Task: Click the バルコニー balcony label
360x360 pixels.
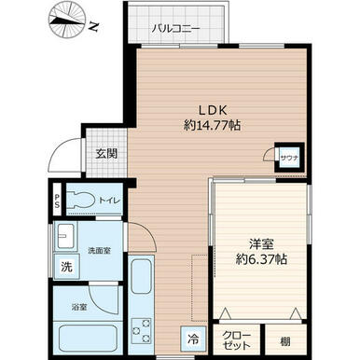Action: point(176,29)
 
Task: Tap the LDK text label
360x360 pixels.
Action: point(214,110)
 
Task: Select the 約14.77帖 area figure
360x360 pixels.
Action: point(213,125)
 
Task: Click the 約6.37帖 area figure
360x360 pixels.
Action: point(261,258)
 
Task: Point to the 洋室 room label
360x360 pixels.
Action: point(261,244)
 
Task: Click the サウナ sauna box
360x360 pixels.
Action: point(289,158)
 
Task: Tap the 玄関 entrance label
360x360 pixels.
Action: point(106,154)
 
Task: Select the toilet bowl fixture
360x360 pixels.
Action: point(80,200)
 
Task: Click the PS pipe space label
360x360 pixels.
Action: point(57,200)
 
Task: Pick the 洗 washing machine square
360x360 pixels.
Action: point(66,267)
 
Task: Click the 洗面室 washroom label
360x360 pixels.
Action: point(100,250)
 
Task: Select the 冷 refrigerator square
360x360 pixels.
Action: point(194,339)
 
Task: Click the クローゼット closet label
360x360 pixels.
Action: point(236,340)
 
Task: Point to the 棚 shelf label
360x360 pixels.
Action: point(285,341)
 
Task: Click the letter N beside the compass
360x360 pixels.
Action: point(93,27)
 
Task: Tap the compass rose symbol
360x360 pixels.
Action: point(67,21)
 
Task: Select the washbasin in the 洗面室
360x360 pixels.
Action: point(64,235)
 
